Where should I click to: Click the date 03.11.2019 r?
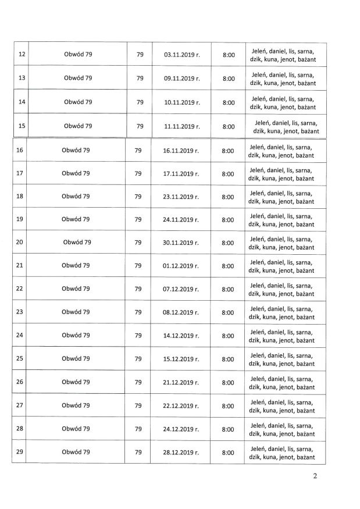click(181, 54)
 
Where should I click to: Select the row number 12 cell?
click(22, 54)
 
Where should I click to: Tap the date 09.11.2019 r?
click(181, 78)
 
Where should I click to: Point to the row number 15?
click(22, 126)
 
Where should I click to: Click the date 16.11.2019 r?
click(180, 150)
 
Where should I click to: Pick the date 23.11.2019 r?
click(180, 197)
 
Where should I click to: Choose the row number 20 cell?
click(20, 242)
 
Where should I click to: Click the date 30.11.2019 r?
click(180, 242)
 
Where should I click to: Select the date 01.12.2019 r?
click(180, 265)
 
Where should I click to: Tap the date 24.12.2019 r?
click(180, 429)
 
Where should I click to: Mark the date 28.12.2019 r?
click(180, 452)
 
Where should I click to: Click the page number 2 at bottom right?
click(315, 478)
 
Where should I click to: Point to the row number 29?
click(20, 452)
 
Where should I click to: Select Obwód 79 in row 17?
click(76, 173)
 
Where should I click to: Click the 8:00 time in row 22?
click(227, 289)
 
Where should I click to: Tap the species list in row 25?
click(281, 359)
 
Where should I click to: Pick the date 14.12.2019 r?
click(180, 335)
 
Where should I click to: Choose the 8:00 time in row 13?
click(229, 79)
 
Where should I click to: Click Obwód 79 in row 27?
click(76, 405)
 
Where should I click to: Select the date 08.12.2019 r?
click(180, 312)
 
